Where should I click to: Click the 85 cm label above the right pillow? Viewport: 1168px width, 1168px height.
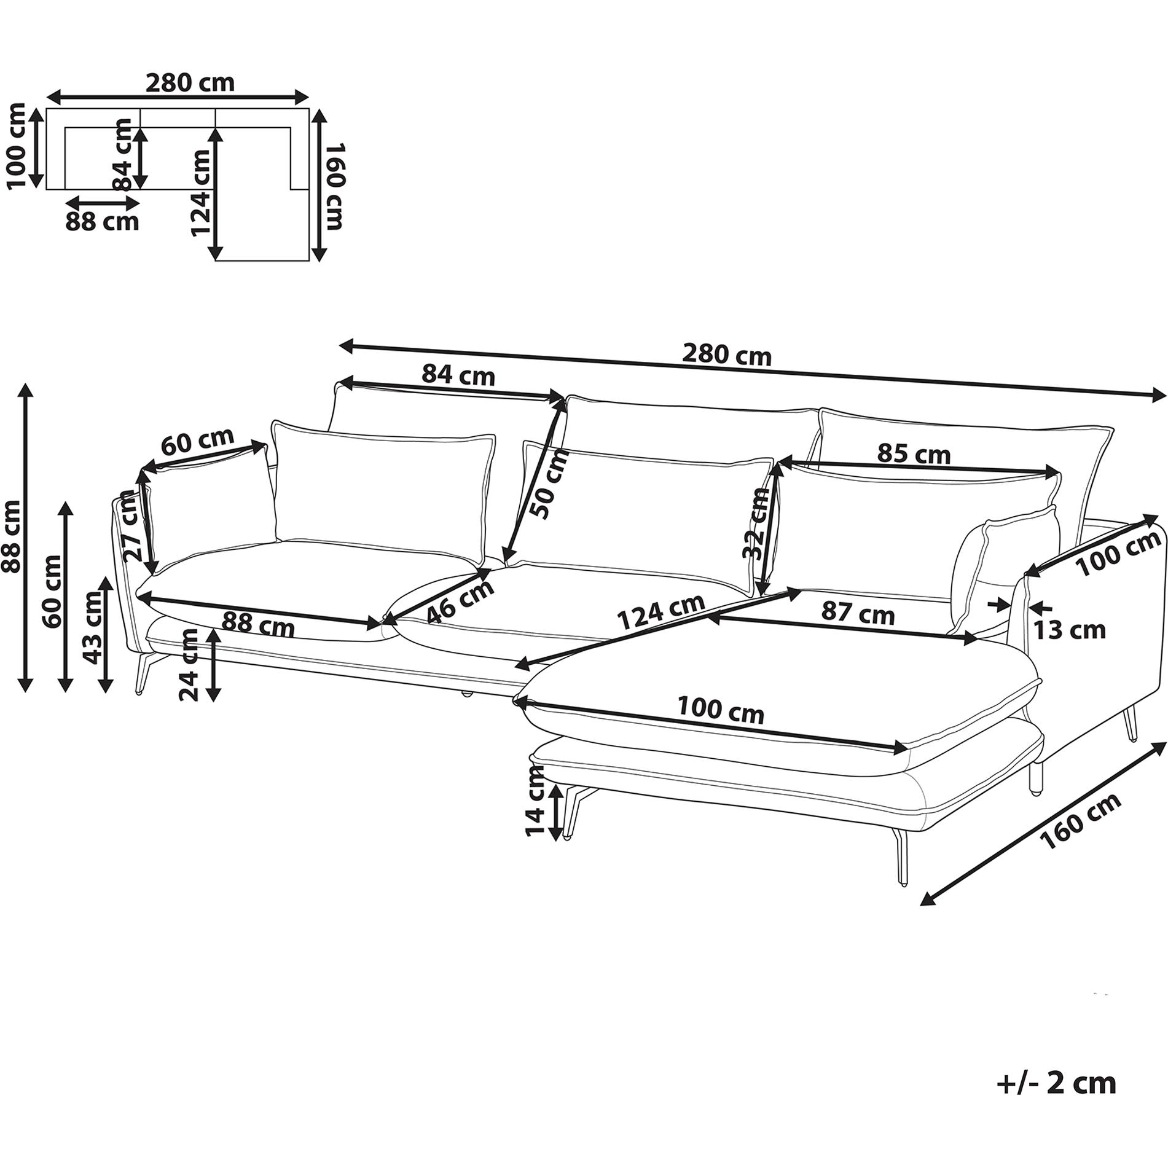(914, 454)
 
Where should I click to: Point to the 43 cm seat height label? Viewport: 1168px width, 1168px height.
(92, 627)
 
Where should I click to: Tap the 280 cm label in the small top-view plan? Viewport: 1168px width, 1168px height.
(189, 82)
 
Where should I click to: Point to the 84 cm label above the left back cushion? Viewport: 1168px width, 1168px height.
(458, 374)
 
